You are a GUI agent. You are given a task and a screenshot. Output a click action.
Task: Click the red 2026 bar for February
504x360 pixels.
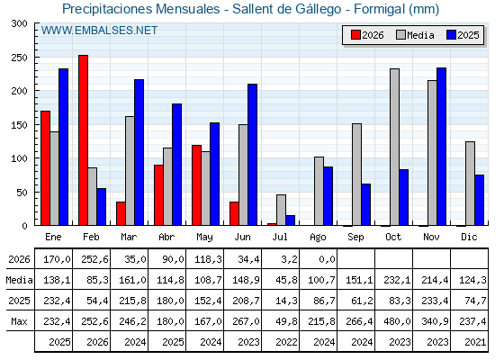tap(83, 140)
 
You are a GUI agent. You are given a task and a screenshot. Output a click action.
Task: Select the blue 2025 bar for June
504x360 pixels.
tap(252, 155)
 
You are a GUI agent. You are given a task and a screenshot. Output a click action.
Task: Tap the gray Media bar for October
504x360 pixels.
tap(394, 147)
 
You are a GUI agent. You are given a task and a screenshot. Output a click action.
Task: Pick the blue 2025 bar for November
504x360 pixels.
tap(441, 147)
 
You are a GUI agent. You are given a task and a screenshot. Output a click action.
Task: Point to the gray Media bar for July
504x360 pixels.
tap(281, 210)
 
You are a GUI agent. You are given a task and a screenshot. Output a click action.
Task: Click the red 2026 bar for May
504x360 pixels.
tap(196, 185)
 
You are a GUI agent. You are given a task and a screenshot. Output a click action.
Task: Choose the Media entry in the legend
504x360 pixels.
tap(415, 35)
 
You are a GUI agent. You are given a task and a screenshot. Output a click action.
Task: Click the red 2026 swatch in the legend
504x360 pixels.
tap(355, 35)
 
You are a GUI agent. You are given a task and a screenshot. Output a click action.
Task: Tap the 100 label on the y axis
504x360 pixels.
tap(19, 158)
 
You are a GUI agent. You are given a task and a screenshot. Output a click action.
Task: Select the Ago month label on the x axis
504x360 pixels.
tap(318, 238)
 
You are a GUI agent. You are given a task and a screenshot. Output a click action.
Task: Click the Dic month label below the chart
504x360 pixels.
tap(469, 237)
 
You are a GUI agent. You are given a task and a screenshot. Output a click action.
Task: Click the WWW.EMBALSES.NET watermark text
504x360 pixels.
tap(99, 31)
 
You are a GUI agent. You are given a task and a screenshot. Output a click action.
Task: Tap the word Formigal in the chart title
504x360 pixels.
tap(379, 9)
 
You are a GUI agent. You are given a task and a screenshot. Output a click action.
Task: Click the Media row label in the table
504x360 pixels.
tap(19, 280)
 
